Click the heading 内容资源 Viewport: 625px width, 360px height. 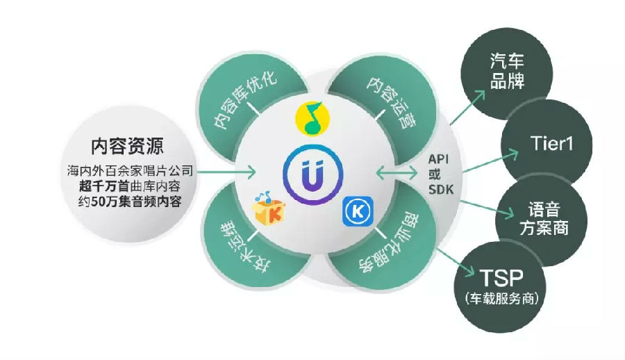pos(127,147)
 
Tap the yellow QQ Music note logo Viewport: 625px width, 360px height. pos(313,119)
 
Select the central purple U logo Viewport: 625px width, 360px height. pos(313,175)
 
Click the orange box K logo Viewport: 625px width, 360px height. pos(268,208)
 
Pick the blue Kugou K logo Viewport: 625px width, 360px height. pos(358,211)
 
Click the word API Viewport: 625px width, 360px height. pos(438,159)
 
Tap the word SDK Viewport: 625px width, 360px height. pos(441,189)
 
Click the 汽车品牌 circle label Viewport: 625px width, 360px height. pos(507,71)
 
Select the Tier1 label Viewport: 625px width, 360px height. pos(551,143)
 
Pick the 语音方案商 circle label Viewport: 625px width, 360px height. pos(544,219)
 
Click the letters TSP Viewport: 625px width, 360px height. pos(501,277)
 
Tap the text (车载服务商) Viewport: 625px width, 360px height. pos(501,298)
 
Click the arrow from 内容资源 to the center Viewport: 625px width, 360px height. pos(226,172)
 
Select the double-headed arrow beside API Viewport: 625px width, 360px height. pos(397,173)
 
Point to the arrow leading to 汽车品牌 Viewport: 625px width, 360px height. pos(467,107)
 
